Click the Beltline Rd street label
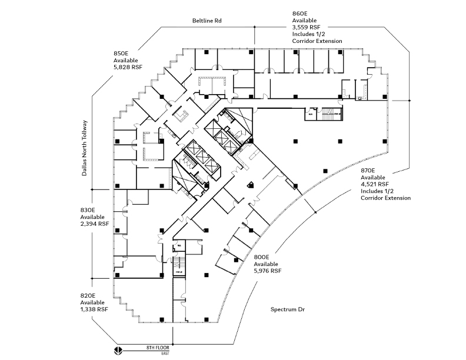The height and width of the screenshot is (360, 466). point(211,21)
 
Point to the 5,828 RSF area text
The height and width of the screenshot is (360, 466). point(127,68)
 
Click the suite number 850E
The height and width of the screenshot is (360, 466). point(121,54)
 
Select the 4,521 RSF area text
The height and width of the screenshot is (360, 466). point(375,184)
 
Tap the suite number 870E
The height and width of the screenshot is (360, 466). point(369,169)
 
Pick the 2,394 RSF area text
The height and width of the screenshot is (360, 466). point(94,224)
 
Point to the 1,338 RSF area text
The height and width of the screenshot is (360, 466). point(94,309)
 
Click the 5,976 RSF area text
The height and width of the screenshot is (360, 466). point(268,271)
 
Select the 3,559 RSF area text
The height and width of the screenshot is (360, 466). point(306,26)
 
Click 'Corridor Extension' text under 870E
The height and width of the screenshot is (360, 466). point(385,198)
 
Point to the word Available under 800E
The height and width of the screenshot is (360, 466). point(267,264)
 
